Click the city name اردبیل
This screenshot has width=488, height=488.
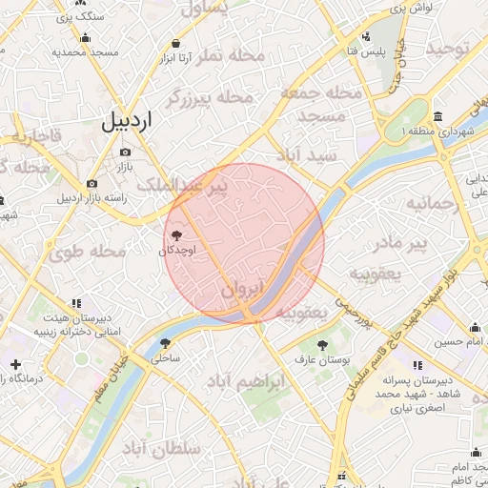pos(126,121)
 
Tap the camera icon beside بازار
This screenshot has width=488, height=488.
pos(125,151)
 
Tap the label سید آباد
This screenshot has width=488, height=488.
pos(305,153)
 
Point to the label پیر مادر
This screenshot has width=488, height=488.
pos(399,244)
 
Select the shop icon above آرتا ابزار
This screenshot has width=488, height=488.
pos(176,43)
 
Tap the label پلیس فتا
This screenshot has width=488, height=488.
pos(366,50)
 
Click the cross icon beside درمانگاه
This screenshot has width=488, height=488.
pos(15,364)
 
